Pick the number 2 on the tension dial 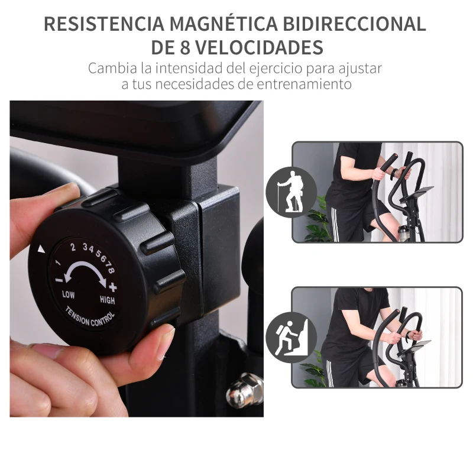point(73,248)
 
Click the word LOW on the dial point(69,294)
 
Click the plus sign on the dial point(113,288)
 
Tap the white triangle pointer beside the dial point(41,250)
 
